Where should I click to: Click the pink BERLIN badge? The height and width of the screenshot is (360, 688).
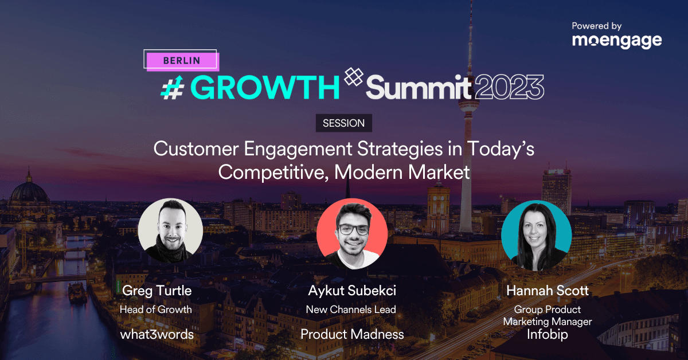[181, 60]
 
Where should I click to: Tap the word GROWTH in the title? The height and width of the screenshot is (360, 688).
[265, 87]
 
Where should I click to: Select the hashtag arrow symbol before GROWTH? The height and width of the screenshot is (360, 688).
[171, 87]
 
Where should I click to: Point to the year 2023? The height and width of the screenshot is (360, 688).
[509, 88]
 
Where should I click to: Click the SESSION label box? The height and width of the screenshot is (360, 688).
[344, 123]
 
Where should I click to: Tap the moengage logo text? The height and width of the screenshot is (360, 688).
[616, 41]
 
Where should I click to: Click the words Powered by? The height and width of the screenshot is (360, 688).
[597, 26]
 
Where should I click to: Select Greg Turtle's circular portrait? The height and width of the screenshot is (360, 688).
[170, 231]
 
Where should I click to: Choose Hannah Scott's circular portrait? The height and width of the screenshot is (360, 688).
[536, 235]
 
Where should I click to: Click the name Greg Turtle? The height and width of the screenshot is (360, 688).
[157, 291]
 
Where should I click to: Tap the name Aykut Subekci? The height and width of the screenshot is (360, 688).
[352, 291]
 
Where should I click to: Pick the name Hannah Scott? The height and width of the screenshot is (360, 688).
[548, 291]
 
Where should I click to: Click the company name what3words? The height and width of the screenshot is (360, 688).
[157, 334]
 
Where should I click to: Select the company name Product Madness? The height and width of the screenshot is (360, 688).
[352, 334]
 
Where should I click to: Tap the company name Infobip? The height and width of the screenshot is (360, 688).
[548, 334]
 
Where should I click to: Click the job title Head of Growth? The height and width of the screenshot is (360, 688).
[157, 310]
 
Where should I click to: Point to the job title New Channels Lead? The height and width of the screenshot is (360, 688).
[351, 310]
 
